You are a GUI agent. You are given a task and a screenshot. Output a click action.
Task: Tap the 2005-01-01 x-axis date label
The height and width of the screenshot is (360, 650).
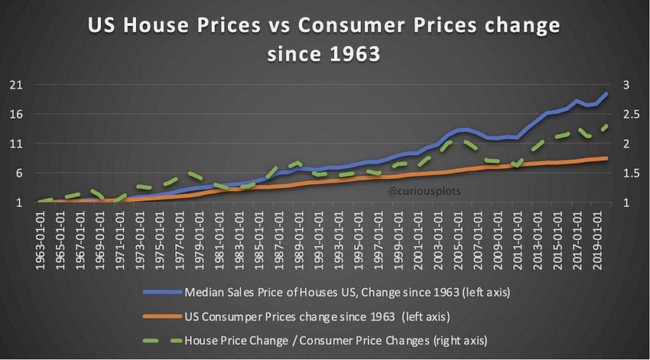(x=460, y=234)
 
